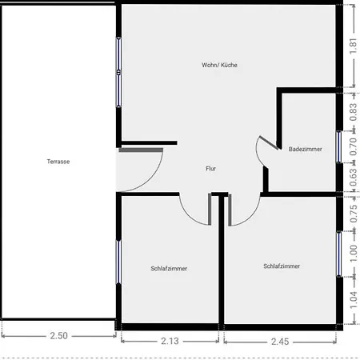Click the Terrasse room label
pyautogui.click(x=58, y=162)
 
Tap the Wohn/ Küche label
pyautogui.click(x=219, y=65)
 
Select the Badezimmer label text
pyautogui.click(x=305, y=149)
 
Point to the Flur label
pyautogui.click(x=210, y=169)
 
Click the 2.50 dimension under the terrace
pyautogui.click(x=58, y=335)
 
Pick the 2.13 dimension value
pyautogui.click(x=170, y=341)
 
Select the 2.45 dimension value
pyautogui.click(x=280, y=342)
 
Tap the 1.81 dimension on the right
pyautogui.click(x=353, y=46)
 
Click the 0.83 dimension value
pyautogui.click(x=353, y=112)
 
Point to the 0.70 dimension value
pyautogui.click(x=353, y=146)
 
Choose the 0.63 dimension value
pyautogui.click(x=353, y=177)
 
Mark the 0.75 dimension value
pyautogui.click(x=353, y=214)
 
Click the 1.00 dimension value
pyautogui.click(x=353, y=254)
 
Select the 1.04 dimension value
pyautogui.click(x=353, y=300)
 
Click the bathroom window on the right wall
pyautogui.click(x=338, y=146)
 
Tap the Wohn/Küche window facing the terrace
pyautogui.click(x=118, y=73)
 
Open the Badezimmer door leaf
pyautogui.click(x=269, y=142)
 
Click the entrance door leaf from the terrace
pyautogui.click(x=141, y=150)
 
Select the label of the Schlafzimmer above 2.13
pyautogui.click(x=169, y=269)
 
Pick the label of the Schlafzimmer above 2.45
pyautogui.click(x=282, y=266)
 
